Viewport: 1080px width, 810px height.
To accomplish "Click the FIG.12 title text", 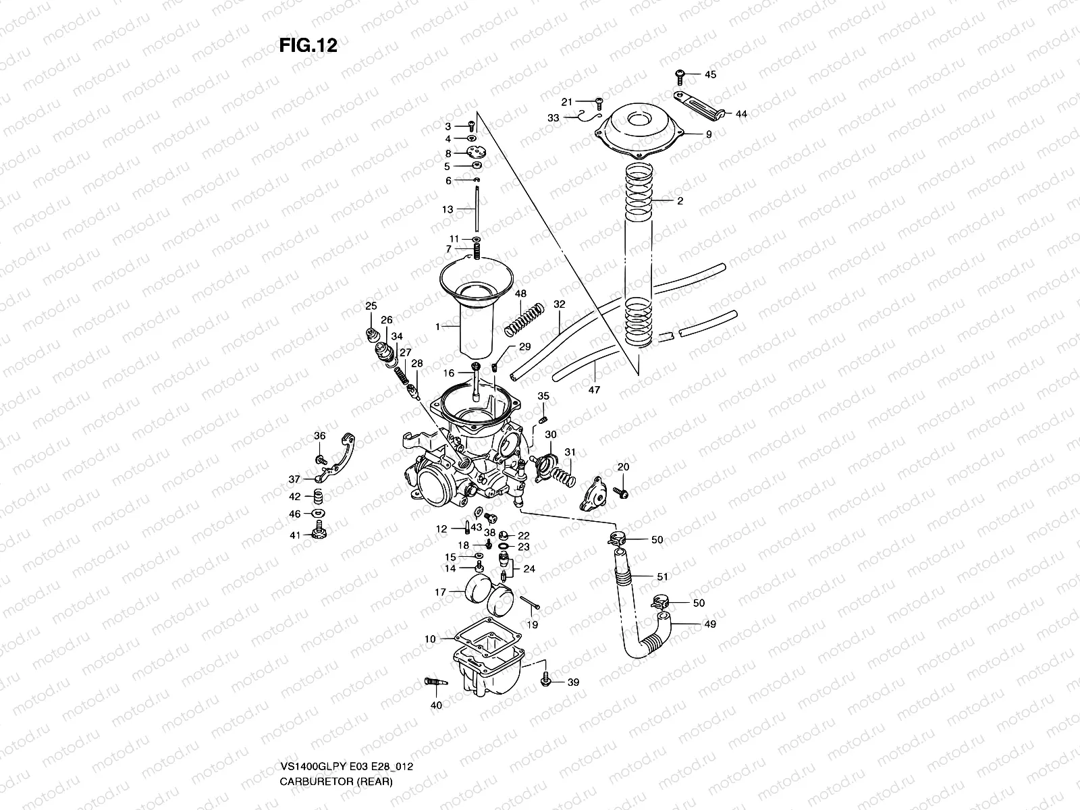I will tap(308, 45).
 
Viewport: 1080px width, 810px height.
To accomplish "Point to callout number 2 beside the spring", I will tap(680, 201).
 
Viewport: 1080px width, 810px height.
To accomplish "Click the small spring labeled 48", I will tap(524, 319).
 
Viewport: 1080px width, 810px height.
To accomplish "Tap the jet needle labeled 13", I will tap(476, 209).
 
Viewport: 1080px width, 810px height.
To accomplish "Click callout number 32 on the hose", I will tap(559, 304).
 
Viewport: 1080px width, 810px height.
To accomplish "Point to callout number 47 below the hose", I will tap(594, 389).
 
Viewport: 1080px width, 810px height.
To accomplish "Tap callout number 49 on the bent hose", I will tap(709, 624).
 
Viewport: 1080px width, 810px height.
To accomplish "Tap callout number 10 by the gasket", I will tap(431, 639).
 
